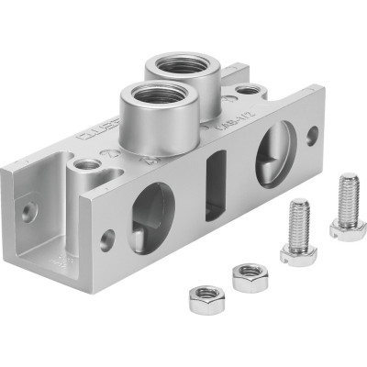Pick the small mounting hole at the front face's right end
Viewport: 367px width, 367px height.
[312, 135]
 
